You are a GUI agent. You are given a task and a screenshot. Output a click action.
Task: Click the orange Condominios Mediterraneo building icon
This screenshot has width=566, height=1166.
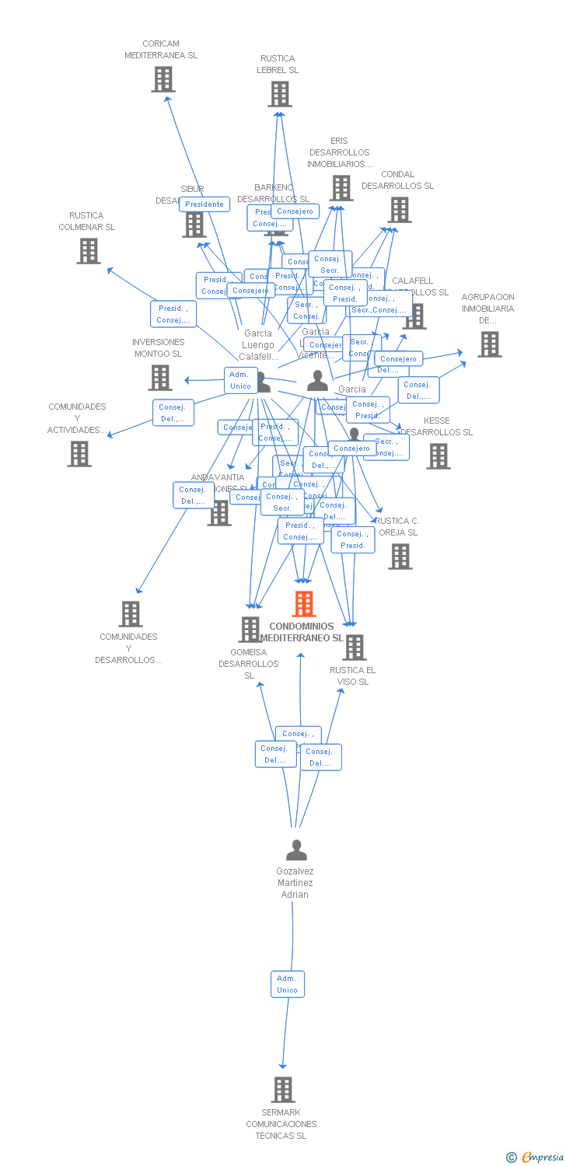(x=304, y=604)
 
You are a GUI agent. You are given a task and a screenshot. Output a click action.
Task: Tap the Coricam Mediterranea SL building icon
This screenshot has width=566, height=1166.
(x=162, y=79)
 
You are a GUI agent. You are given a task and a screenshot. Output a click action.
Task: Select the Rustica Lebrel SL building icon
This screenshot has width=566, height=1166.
(x=279, y=94)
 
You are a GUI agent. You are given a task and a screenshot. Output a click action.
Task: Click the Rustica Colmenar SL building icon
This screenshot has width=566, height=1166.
(x=89, y=251)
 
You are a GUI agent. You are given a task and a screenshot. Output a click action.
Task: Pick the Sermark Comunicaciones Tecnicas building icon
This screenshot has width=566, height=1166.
(x=283, y=1090)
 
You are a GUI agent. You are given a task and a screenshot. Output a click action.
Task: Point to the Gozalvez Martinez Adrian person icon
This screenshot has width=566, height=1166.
(x=296, y=850)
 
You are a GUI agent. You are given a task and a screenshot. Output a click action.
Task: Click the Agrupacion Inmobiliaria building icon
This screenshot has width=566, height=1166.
(x=489, y=344)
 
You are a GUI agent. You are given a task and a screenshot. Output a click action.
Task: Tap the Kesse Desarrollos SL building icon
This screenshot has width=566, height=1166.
(x=438, y=456)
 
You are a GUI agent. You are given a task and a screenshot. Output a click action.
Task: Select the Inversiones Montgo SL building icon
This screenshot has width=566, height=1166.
(x=160, y=378)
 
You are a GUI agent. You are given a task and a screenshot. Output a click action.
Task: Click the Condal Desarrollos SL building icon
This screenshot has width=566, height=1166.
(x=399, y=210)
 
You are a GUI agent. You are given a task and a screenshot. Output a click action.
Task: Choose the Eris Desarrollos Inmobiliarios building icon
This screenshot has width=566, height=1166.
(x=341, y=188)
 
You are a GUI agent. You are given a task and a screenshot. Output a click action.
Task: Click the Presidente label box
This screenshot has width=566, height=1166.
(x=204, y=204)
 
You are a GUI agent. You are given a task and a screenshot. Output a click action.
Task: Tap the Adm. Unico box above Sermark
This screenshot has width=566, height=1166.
(x=288, y=984)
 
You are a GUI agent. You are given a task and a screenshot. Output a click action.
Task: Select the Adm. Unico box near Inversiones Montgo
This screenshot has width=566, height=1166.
(x=240, y=380)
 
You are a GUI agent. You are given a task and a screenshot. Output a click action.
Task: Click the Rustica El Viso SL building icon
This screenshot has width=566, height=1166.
(x=355, y=647)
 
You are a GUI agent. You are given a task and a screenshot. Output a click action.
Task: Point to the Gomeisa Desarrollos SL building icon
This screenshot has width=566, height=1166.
(x=250, y=630)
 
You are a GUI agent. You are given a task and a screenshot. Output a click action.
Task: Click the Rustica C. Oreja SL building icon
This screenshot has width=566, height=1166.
(x=400, y=557)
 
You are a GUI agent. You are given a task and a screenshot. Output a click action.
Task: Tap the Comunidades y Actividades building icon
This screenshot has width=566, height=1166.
(x=79, y=454)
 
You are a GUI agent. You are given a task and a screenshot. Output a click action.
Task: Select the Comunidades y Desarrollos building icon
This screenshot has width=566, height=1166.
(x=131, y=614)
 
